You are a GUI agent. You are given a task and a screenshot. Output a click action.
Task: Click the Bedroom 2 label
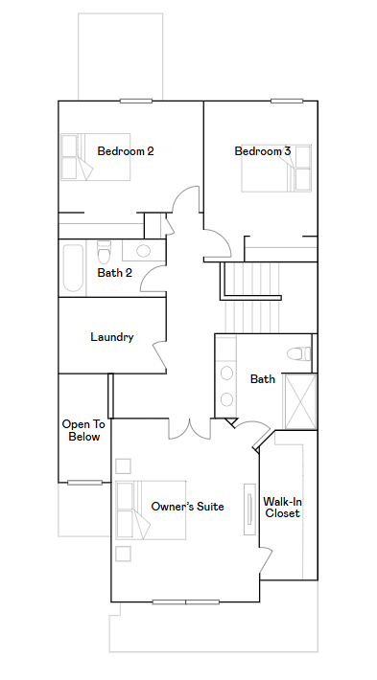click(126, 151)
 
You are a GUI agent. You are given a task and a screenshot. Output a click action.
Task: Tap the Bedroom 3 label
click(263, 151)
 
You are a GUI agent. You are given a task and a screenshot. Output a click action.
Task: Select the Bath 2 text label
click(115, 273)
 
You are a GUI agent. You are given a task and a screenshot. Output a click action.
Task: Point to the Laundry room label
click(112, 337)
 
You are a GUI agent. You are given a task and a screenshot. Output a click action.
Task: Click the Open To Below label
click(83, 430)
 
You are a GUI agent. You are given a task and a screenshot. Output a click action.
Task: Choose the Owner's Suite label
click(188, 506)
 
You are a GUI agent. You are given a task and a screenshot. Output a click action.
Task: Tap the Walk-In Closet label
click(282, 508)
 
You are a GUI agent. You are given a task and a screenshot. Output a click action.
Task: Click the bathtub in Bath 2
click(73, 269)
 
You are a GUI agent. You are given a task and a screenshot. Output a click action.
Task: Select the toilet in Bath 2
click(105, 252)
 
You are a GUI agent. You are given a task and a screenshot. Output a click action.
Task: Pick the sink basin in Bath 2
click(143, 251)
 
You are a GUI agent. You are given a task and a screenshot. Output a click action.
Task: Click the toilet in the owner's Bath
click(299, 353)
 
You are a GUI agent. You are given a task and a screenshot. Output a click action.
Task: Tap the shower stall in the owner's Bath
click(299, 401)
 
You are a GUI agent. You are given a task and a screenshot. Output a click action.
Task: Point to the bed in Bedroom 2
click(96, 156)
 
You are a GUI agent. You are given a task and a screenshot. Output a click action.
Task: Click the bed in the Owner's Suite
click(151, 510)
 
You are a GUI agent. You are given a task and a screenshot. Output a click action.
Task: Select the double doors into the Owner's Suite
click(190, 429)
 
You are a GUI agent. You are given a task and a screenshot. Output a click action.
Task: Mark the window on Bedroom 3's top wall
click(287, 102)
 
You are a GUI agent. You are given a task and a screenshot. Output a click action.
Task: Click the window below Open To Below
click(84, 483)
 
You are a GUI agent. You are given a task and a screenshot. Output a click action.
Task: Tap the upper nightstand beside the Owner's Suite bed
click(124, 466)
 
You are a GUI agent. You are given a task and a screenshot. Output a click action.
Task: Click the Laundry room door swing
click(159, 356)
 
